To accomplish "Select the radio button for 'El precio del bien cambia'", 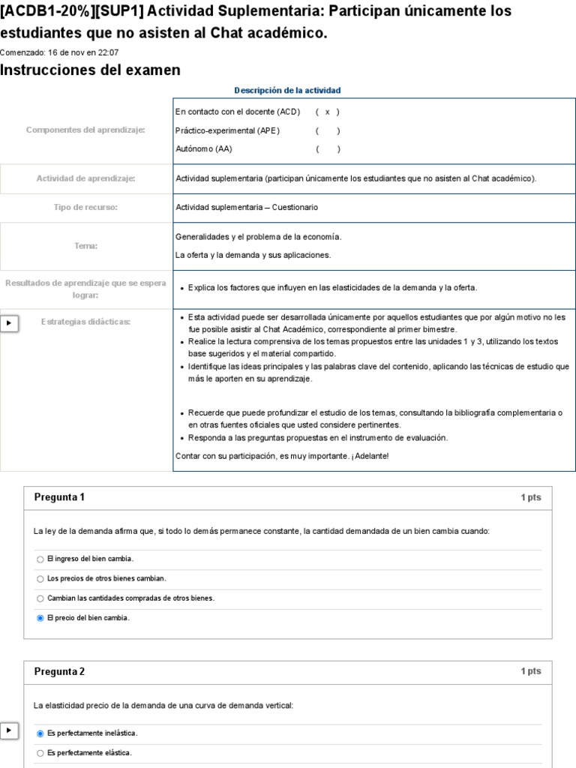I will point(40,618).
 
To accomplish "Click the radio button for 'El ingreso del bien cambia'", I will point(40,559).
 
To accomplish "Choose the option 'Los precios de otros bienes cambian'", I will point(40,579).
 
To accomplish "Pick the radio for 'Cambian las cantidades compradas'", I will point(40,598).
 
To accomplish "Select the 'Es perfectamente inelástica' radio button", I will point(40,733).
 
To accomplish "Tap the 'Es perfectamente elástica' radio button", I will point(40,753).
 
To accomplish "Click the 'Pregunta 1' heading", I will point(60,497).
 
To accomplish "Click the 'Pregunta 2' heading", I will point(60,672).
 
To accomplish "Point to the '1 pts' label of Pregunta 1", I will point(530,498).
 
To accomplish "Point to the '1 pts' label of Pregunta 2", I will point(530,672).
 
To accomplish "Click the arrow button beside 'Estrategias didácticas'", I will point(9,322).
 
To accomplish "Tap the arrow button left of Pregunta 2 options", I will point(9,730).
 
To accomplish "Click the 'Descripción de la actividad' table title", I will point(287,90).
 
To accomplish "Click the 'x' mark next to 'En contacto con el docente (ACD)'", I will point(328,112).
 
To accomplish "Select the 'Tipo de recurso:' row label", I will point(85,207).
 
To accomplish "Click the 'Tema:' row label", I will point(85,245).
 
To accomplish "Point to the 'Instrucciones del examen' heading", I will point(90,70).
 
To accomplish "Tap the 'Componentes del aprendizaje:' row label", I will point(85,130).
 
